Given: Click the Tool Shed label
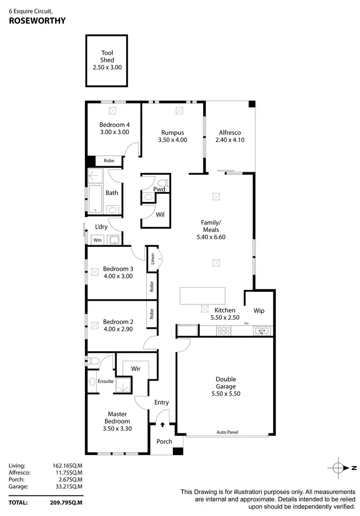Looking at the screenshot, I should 107,57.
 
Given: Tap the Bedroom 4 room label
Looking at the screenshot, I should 114,125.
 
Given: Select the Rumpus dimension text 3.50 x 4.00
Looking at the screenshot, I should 172,140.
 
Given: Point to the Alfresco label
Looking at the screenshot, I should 229,133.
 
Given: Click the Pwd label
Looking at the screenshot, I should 159,190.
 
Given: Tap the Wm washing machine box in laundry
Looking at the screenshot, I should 97,240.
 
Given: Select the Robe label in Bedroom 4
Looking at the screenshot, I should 109,161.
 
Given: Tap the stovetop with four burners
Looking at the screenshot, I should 224,331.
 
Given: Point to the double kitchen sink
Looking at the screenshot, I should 262,331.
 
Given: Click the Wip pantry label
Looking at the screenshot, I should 259,311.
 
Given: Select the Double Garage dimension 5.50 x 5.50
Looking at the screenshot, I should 225,394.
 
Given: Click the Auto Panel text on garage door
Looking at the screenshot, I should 227,432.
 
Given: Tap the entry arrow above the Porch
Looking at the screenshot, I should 163,424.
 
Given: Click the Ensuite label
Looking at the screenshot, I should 106,382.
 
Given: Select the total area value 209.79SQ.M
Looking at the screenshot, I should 67,503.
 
